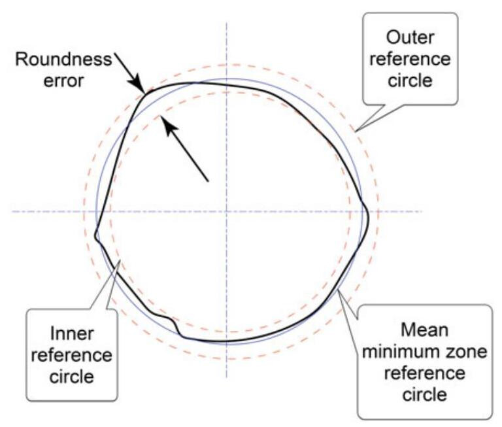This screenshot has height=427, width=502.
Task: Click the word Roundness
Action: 63,60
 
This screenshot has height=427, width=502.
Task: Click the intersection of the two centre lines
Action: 226,211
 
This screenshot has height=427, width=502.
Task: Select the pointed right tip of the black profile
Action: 368,213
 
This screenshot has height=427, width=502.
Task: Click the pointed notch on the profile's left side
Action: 96,237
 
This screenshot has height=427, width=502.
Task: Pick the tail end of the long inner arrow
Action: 207,180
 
